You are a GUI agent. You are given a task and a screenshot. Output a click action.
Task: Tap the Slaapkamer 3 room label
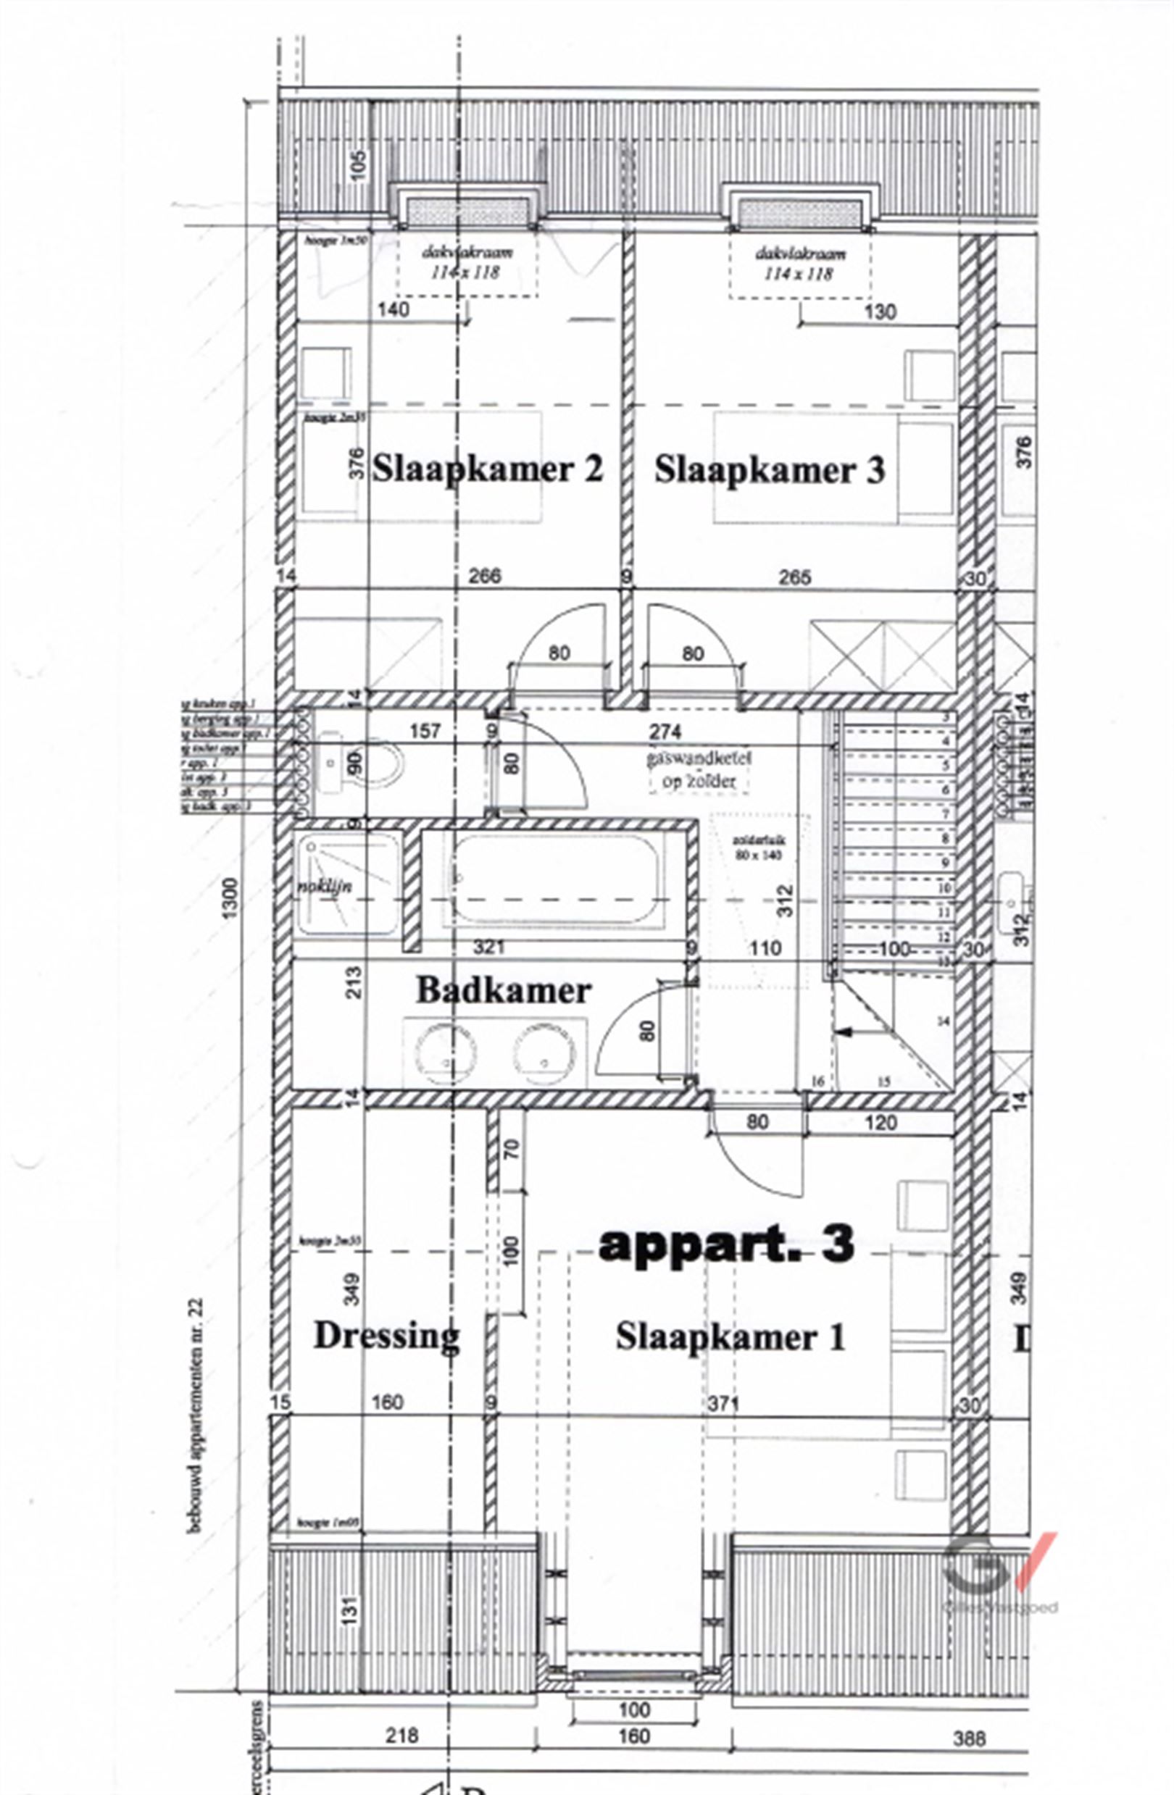pos(769,470)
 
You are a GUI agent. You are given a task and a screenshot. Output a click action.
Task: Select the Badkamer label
pos(503,990)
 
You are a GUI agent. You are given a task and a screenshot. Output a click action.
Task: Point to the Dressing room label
pos(386,1336)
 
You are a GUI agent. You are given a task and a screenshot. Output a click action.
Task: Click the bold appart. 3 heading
pos(726,1242)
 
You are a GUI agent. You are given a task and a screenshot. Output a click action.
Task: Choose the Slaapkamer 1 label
pos(730,1336)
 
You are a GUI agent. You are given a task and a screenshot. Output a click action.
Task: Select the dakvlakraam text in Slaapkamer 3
pos(800,254)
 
